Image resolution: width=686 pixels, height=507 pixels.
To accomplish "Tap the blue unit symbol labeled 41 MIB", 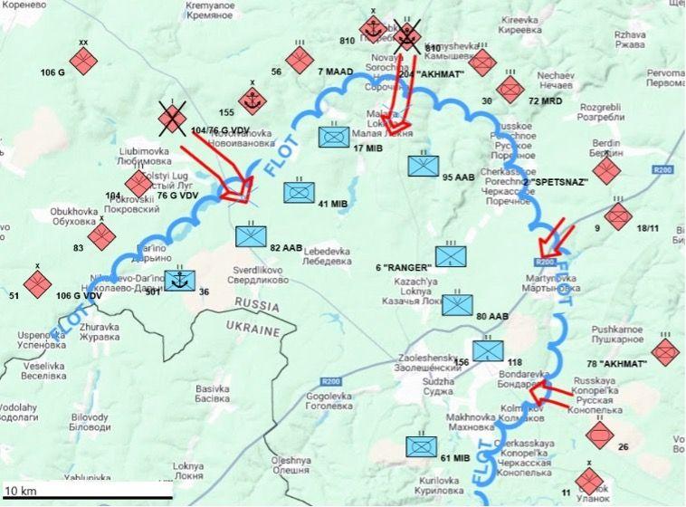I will click(299, 193).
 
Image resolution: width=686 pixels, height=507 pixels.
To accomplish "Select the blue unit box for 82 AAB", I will click(252, 236).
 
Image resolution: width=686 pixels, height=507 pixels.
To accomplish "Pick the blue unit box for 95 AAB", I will click(423, 166).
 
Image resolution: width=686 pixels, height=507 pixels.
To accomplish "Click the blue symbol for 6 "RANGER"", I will click(451, 256).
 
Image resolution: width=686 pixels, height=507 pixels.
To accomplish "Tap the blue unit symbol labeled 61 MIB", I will click(422, 447).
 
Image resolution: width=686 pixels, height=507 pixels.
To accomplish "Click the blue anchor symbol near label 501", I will click(179, 280).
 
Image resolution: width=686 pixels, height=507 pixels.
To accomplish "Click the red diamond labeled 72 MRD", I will click(511, 89).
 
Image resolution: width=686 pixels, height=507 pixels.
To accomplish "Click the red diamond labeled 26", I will click(599, 435).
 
